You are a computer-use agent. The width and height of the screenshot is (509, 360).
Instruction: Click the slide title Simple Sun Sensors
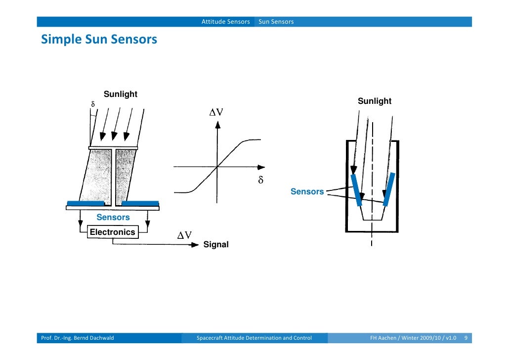tap(99, 39)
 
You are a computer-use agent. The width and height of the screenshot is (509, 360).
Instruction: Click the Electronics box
tap(112, 232)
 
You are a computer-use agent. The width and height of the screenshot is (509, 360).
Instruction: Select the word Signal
tap(216, 244)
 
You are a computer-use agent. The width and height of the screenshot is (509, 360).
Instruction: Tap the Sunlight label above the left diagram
tap(120, 94)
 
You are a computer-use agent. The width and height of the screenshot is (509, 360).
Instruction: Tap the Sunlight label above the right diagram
tap(374, 101)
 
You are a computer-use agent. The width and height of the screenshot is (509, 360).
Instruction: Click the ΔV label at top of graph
tap(216, 112)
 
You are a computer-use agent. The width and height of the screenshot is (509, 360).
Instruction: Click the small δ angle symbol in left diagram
tap(92, 105)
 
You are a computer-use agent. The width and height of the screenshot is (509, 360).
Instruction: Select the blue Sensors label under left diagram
tap(113, 218)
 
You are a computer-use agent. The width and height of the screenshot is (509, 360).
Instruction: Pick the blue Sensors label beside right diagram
tap(307, 192)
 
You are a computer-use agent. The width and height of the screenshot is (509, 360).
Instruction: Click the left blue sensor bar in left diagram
tap(85, 203)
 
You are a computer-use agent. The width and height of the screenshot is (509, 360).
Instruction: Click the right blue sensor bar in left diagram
tap(140, 203)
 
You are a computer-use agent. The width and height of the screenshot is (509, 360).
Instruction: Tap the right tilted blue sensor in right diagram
tap(388, 189)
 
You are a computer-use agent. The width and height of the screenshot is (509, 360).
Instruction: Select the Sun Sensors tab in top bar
tap(276, 22)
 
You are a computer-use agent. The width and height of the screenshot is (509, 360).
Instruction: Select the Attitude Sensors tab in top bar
tap(225, 22)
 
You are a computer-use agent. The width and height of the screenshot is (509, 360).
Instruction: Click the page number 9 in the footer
tap(466, 338)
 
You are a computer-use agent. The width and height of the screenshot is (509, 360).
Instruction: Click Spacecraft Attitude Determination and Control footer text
tap(254, 338)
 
